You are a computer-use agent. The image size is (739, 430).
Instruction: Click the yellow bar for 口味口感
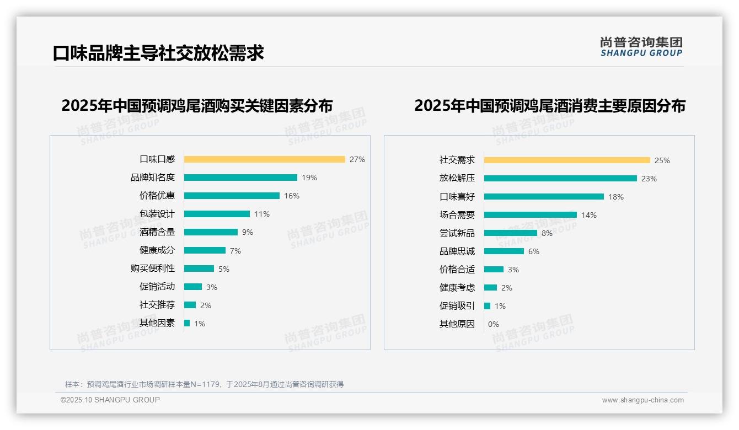[264, 159]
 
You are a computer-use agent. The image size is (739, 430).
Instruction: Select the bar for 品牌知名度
[240, 178]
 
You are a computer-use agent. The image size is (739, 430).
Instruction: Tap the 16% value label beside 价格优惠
[291, 196]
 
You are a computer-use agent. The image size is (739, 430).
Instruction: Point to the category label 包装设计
[157, 214]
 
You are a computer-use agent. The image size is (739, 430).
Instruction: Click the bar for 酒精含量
[211, 232]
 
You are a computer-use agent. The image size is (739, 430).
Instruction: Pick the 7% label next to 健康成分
[235, 251]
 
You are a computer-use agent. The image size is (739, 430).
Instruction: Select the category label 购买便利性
[152, 268]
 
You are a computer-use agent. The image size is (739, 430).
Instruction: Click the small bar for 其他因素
[187, 323]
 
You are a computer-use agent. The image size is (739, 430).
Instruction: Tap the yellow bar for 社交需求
[567, 160]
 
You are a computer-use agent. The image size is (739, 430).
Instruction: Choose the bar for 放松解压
[560, 179]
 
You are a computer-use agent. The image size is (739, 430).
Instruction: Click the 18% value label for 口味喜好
[616, 197]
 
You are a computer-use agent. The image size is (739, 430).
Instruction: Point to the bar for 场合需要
[530, 215]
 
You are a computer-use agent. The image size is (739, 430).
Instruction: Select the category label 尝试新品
[457, 233]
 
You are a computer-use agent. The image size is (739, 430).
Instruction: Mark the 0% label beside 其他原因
[493, 324]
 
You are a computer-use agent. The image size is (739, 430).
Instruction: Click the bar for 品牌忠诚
[504, 251]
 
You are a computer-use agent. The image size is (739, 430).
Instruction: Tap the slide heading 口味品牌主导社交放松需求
[158, 53]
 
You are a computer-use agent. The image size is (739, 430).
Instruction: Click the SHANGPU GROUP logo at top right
[641, 47]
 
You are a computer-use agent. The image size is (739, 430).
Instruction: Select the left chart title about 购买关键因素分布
[197, 106]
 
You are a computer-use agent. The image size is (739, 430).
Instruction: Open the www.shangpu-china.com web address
[642, 400]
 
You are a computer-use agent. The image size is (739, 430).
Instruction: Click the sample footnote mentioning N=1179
[204, 384]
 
